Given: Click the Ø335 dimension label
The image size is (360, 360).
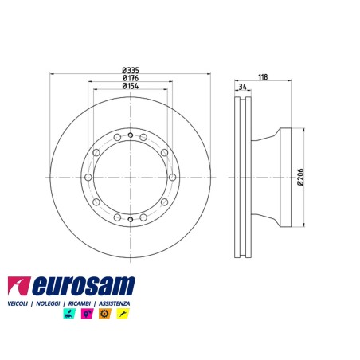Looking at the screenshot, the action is tap(131, 70).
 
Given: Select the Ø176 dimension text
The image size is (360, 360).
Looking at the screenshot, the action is tap(131, 78).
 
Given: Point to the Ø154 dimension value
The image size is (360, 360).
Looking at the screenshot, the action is tap(131, 86).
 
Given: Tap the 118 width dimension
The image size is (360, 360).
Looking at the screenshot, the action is tap(263, 77).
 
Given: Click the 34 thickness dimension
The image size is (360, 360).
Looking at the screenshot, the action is tap(242, 87).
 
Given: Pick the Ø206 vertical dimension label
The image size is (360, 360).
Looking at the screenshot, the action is tap(301, 177).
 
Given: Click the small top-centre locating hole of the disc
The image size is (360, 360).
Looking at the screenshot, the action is tap(131, 135).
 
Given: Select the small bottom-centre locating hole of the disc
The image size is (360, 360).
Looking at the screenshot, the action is tap(131, 219).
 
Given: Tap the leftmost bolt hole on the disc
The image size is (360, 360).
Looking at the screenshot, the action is tap(88, 177).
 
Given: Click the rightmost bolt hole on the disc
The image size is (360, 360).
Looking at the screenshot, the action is tap(173, 177).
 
